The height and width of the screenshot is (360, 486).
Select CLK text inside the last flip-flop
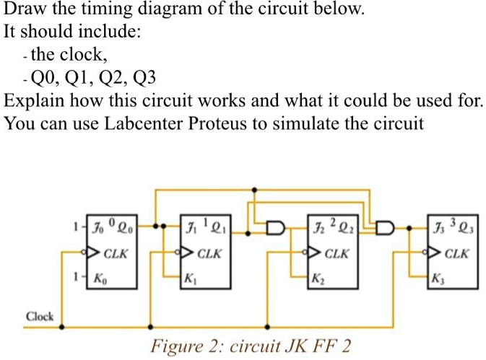coord(456,254)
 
